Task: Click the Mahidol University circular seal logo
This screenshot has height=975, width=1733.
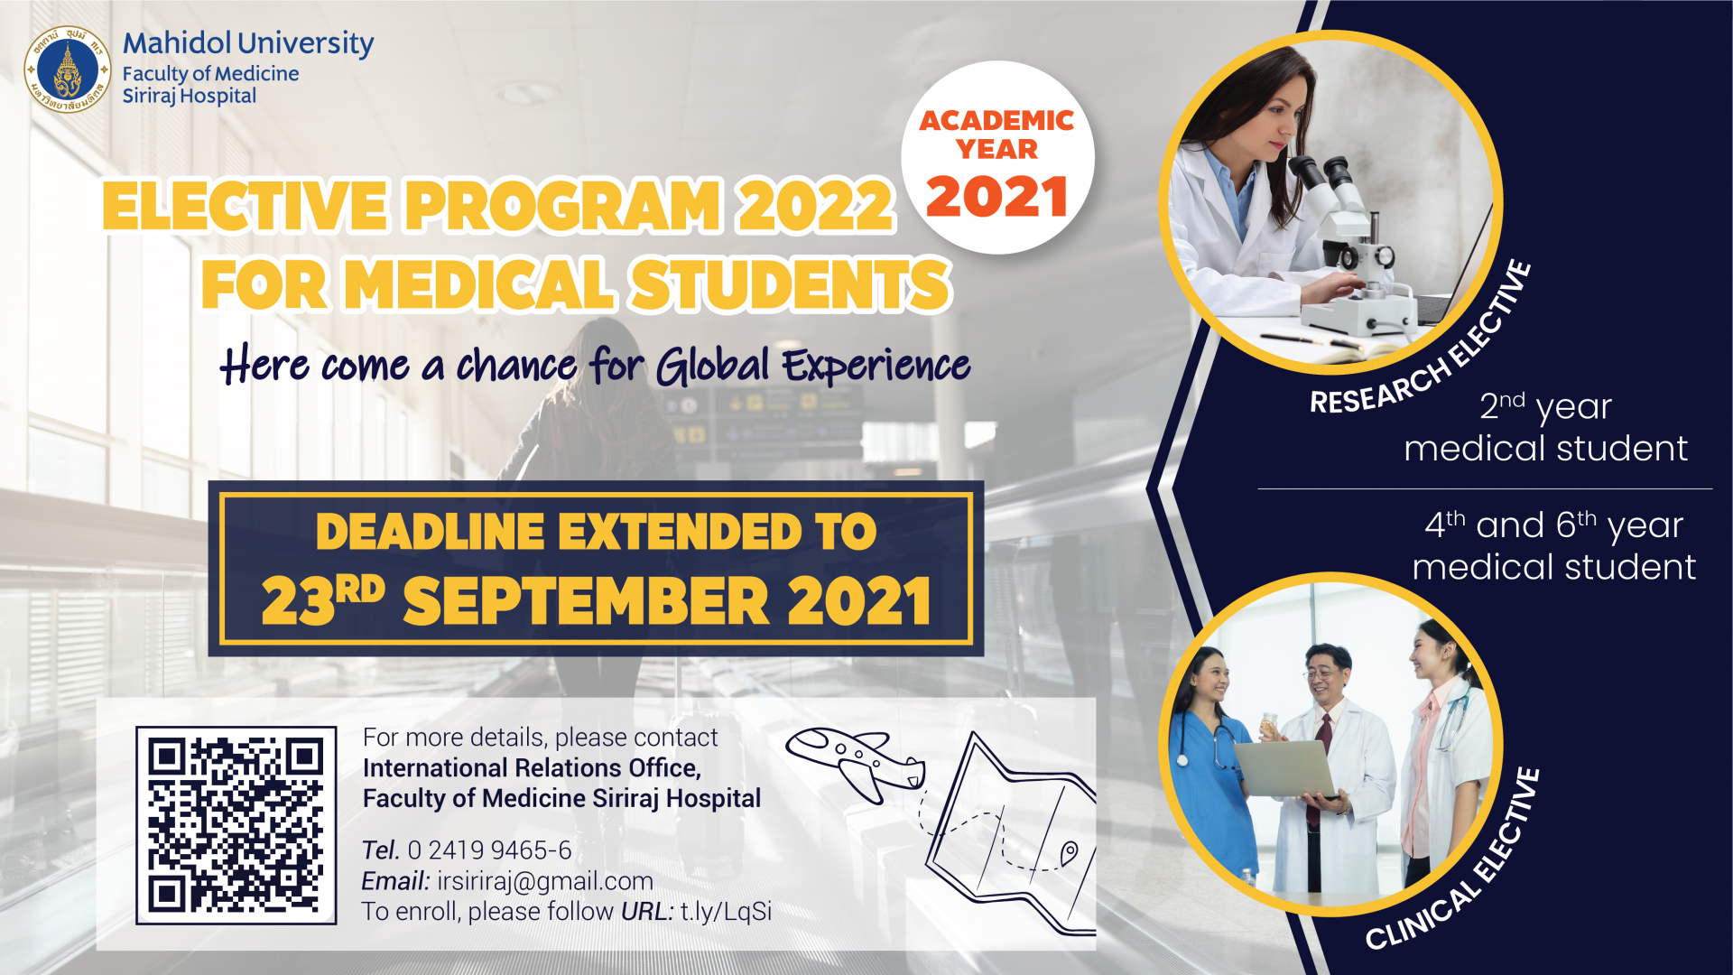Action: [x=68, y=70]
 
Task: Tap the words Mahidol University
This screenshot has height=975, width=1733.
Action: [x=248, y=43]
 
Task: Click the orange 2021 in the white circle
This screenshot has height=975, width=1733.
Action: [x=997, y=197]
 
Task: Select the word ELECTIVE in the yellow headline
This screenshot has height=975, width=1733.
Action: [x=246, y=206]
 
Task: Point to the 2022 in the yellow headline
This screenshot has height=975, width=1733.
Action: [x=815, y=206]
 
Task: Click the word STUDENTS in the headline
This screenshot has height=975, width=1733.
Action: [x=790, y=284]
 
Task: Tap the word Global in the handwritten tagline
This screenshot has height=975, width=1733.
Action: [x=713, y=366]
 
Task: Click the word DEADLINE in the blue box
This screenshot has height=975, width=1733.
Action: [x=431, y=531]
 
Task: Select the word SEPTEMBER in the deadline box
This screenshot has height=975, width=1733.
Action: [x=587, y=601]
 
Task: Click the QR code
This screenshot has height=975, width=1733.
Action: [x=236, y=825]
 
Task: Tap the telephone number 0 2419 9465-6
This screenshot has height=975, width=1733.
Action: [x=489, y=850]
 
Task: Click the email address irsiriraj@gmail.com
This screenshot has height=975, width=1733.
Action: [x=545, y=881]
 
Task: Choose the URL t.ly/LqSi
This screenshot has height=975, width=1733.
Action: [x=726, y=912]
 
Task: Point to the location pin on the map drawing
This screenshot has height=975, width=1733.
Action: [x=1069, y=852]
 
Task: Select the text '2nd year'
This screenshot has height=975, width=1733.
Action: [x=1545, y=406]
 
